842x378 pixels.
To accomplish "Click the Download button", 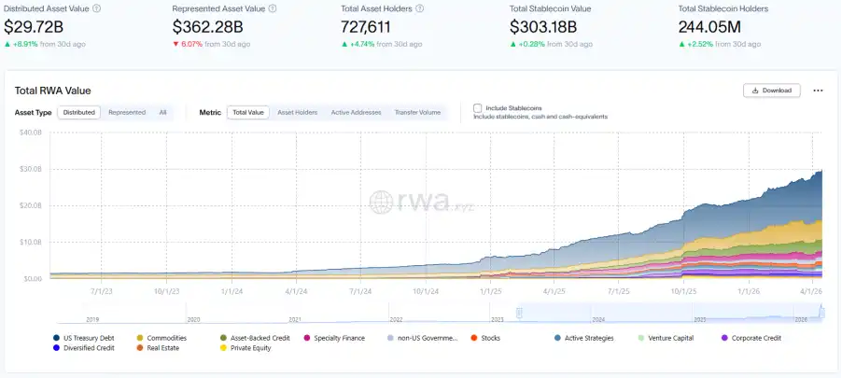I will tap(771, 91).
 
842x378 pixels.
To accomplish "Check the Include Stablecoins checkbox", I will tap(478, 108).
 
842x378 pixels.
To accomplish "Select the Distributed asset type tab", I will tap(79, 112).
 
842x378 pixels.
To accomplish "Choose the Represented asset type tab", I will tap(127, 112).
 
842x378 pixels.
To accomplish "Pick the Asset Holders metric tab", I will tap(298, 112).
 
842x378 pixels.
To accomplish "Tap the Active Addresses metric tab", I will tap(356, 112).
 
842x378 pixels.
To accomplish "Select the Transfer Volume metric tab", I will tap(417, 112).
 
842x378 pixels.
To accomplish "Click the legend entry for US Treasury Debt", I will tap(90, 337).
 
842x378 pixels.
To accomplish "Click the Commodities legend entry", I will tap(165, 337).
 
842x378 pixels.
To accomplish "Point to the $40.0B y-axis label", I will tap(31, 132).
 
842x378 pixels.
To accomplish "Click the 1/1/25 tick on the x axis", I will tap(491, 290).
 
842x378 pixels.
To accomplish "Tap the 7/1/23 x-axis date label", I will tap(102, 290).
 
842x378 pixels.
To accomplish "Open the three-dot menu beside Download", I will tap(818, 91).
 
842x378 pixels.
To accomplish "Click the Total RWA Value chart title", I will tap(52, 91).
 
